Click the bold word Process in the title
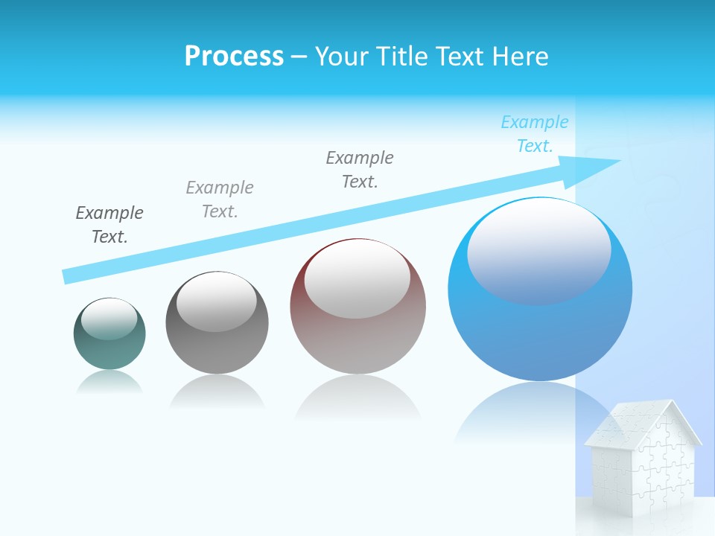pos(234,57)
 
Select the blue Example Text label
pos(534,134)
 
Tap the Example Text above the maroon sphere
pos(360,170)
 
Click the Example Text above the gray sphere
pos(220,200)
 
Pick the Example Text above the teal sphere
pos(109,225)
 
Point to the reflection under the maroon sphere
pos(357,398)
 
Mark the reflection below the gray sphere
pos(217,391)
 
